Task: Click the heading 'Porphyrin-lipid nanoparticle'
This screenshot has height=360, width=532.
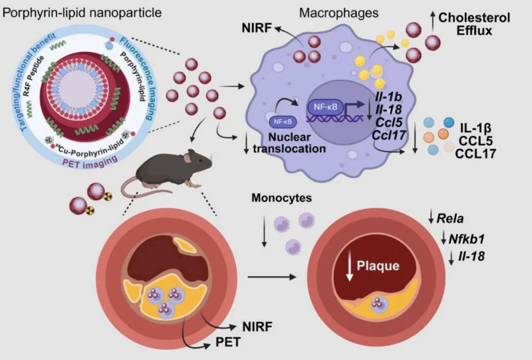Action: (82, 13)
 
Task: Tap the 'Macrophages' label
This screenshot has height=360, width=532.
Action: (338, 13)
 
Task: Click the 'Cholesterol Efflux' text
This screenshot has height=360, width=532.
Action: (474, 24)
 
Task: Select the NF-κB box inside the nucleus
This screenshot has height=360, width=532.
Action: (325, 107)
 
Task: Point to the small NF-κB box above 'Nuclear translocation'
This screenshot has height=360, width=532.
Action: (283, 122)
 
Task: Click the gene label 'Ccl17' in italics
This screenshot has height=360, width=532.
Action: (388, 135)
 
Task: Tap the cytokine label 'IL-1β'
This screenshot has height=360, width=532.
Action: (475, 128)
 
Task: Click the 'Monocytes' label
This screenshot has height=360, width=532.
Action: (281, 198)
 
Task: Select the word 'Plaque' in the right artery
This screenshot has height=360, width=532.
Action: (378, 266)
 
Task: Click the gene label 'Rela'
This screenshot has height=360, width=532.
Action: (450, 218)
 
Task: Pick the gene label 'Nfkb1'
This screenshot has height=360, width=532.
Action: (467, 239)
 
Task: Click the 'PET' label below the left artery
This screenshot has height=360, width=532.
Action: (228, 342)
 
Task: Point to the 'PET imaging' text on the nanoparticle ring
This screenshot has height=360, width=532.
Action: (90, 161)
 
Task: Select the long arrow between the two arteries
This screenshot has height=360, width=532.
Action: (272, 277)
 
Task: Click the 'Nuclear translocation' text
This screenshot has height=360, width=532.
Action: (289, 142)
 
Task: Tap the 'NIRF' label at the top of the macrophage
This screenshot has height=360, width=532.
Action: (257, 28)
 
